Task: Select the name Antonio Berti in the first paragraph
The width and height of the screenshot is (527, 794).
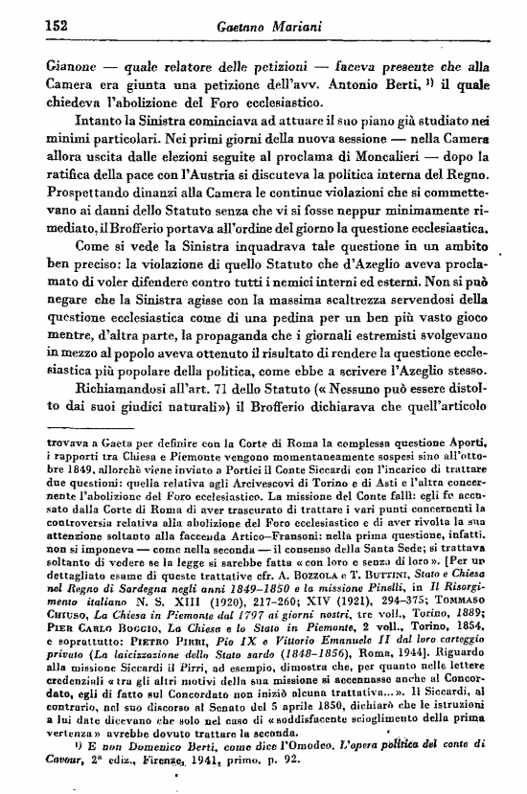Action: [x=399, y=89]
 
